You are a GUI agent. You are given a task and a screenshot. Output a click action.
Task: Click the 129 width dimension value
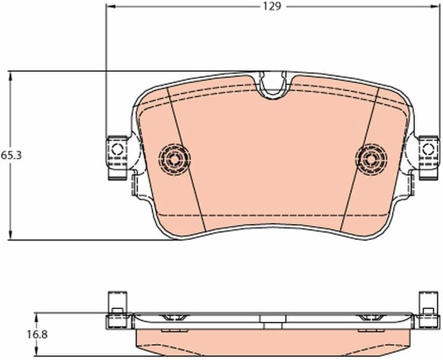click(273, 6)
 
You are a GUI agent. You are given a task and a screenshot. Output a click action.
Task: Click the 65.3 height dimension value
click(11, 156)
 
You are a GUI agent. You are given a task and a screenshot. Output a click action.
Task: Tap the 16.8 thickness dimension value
click(38, 335)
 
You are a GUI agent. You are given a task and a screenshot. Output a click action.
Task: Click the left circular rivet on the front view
click(174, 159)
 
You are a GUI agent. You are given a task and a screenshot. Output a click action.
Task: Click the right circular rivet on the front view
click(371, 159)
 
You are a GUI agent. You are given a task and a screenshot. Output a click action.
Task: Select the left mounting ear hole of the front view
click(117, 149)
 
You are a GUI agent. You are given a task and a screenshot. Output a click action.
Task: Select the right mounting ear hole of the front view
click(428, 149)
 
